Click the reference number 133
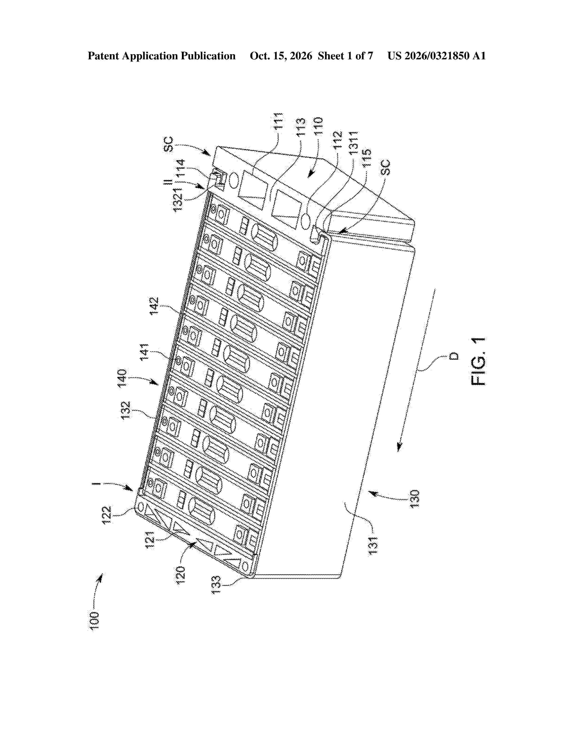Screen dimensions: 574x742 click(216, 585)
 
